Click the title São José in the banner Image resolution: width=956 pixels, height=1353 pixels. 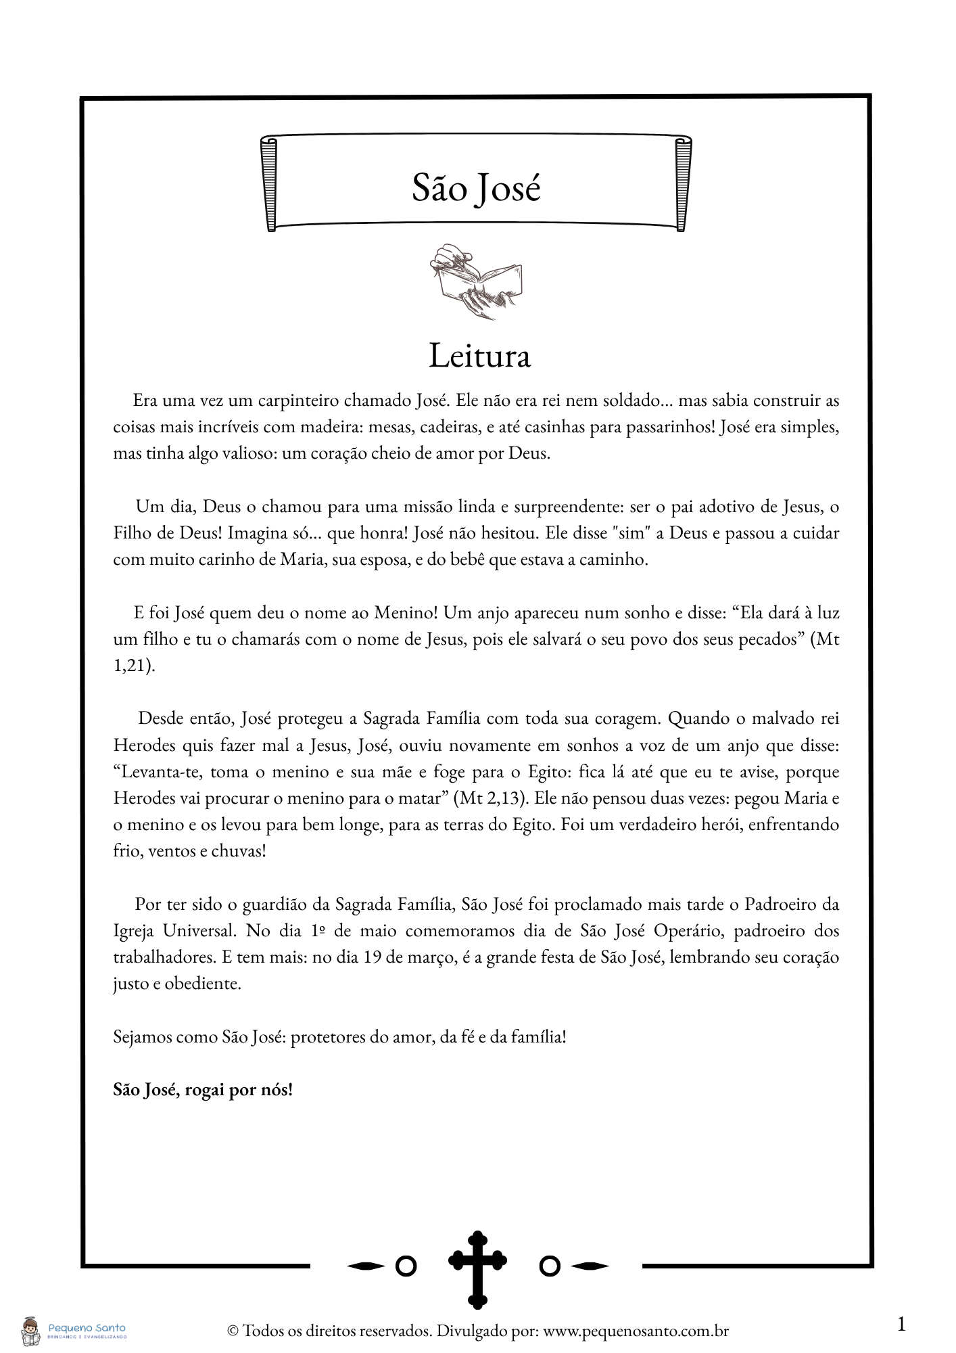coord(477,188)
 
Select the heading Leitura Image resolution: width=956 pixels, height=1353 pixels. coord(479,356)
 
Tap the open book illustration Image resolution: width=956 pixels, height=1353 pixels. coord(475,281)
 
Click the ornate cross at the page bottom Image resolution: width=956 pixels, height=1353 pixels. coord(477,1268)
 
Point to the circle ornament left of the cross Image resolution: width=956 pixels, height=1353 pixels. coord(406,1266)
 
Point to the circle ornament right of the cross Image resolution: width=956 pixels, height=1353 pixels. coord(550,1266)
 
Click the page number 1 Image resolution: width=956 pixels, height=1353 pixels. coord(901,1324)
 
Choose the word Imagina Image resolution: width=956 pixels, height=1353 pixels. coord(258,533)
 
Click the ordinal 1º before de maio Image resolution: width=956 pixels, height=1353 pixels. coord(319,931)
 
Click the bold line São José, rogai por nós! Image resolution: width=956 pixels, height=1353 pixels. coord(203,1090)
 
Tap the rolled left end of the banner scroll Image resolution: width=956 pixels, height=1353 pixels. coord(270,183)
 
